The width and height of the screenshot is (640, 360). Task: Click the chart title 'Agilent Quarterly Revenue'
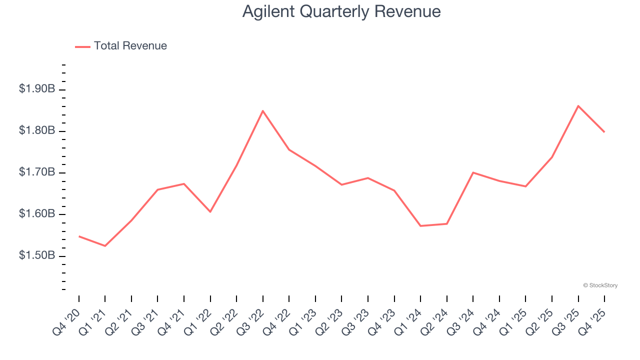coord(341,11)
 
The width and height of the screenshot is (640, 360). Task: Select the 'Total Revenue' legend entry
coord(130,46)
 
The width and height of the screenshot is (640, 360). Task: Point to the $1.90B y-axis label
coord(37,89)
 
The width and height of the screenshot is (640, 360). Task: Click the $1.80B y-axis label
coord(37,130)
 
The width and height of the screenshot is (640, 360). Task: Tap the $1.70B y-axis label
coord(37,172)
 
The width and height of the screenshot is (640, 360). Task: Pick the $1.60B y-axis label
coord(37,214)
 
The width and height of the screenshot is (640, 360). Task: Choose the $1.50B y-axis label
coord(37,255)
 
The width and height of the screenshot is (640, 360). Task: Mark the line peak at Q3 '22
coord(263,110)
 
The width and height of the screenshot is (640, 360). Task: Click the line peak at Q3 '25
coord(578,106)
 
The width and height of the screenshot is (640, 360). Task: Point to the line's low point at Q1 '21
coord(105,246)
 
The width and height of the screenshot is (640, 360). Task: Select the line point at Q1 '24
coord(420,226)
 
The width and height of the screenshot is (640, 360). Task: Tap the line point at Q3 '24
coord(473,172)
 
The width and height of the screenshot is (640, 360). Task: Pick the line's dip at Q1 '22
coord(210,212)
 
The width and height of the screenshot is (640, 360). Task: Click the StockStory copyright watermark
coord(600,285)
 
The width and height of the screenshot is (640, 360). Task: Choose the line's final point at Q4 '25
coord(604,132)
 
